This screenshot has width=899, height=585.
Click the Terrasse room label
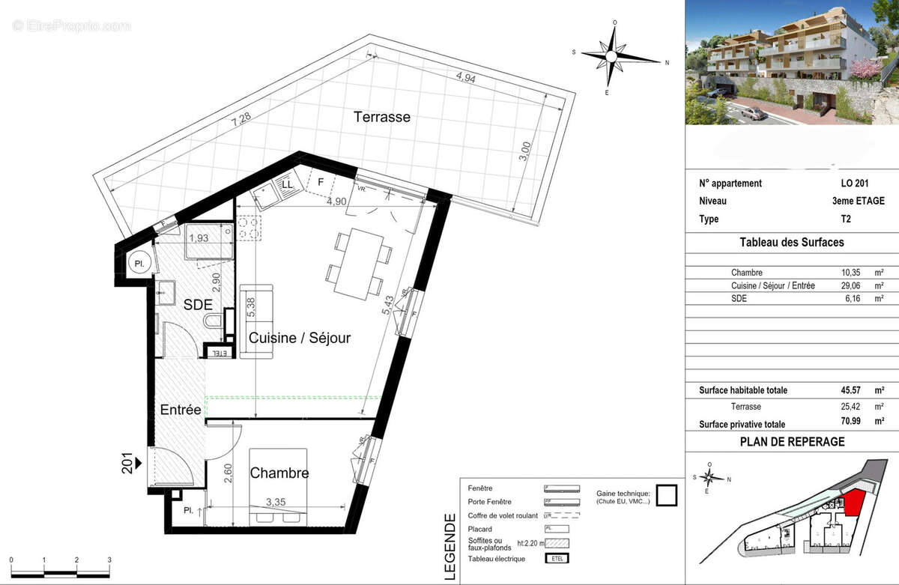[382, 118]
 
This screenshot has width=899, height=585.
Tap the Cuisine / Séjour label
[300, 338]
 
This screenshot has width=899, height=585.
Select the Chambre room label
[279, 473]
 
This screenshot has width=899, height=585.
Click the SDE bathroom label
[198, 304]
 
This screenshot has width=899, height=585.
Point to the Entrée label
[181, 410]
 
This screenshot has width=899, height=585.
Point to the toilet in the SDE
[214, 324]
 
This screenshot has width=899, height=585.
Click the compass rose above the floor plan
[614, 57]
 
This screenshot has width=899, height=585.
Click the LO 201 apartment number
[856, 184]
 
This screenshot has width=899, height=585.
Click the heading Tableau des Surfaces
[791, 242]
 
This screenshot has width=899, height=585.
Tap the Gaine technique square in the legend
[666, 495]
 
